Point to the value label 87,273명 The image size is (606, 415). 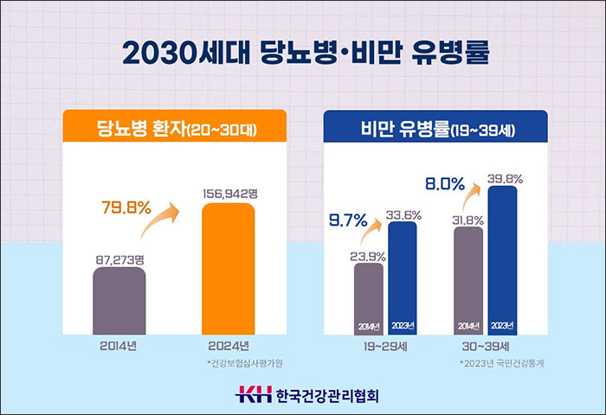(x=119, y=257)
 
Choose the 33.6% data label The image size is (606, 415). (x=403, y=214)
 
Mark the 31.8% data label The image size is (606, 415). (x=468, y=219)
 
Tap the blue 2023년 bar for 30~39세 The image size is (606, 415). (x=502, y=259)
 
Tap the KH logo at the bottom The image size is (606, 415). (x=253, y=395)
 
